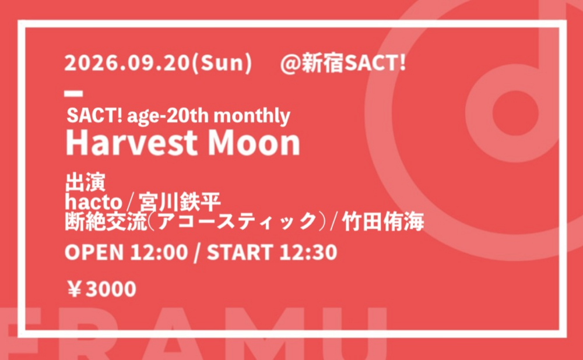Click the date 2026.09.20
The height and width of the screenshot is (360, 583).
click(x=127, y=63)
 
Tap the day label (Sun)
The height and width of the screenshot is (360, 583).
click(x=221, y=63)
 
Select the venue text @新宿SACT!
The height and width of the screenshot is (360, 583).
click(x=343, y=63)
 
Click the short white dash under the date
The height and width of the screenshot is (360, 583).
click(x=73, y=94)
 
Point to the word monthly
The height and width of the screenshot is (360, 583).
click(x=252, y=117)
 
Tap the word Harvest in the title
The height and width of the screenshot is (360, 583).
click(x=132, y=143)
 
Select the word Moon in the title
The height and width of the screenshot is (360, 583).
click(x=254, y=143)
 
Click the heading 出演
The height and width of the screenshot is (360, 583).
click(x=85, y=182)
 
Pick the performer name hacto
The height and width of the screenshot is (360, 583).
click(x=94, y=203)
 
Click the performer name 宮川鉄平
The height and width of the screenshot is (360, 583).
click(x=180, y=203)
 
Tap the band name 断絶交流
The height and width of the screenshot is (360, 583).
click(x=106, y=222)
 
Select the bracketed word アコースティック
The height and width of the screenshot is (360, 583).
click(x=237, y=222)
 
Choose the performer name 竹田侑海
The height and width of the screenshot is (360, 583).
click(x=383, y=222)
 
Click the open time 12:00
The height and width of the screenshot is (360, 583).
click(x=159, y=252)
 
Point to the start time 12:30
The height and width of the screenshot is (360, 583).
click(x=308, y=252)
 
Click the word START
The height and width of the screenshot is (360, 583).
click(x=241, y=252)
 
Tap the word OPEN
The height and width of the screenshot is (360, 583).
click(x=94, y=252)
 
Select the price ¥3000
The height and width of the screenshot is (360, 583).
click(x=101, y=289)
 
